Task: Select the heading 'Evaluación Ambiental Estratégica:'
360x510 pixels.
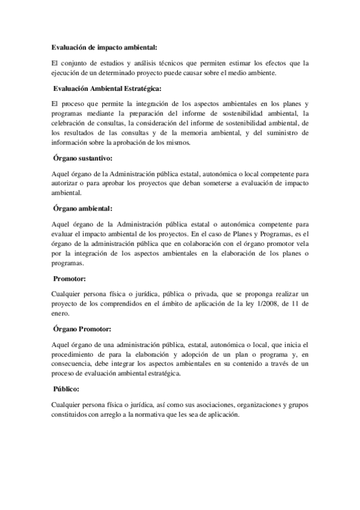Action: [x=107, y=89]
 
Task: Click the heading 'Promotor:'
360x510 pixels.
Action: [x=70, y=278]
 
